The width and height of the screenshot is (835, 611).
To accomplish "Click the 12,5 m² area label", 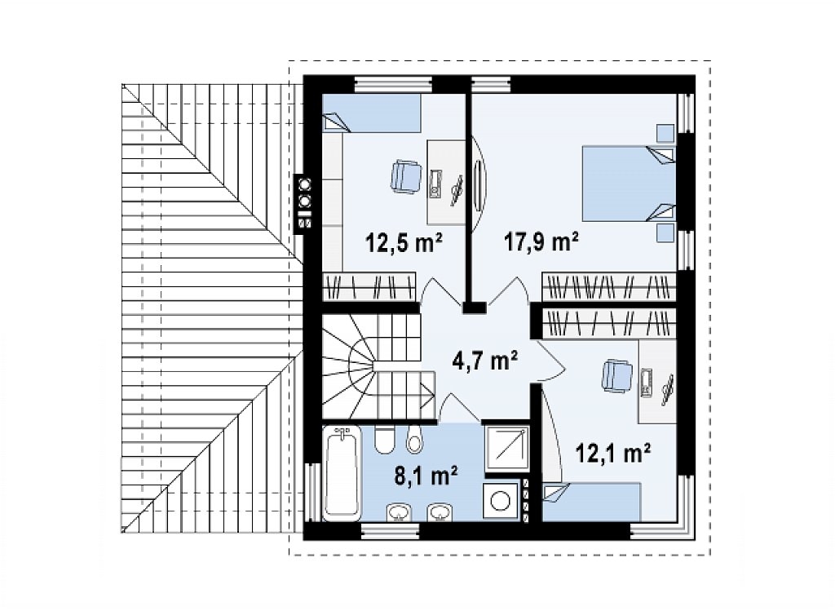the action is pos(404,243).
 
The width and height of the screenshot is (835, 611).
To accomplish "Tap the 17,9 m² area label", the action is pos(541,241).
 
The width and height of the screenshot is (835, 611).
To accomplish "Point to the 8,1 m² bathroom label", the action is pos(426,476).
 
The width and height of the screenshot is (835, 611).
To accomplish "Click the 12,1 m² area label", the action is pos(612,454).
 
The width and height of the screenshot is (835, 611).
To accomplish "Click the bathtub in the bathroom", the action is pos(342,473).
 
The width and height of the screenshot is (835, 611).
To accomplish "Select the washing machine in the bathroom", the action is pos(501,501).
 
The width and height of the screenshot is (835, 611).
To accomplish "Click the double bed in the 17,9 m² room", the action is pos(629,184).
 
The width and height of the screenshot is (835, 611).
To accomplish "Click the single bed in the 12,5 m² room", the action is pos(372,113).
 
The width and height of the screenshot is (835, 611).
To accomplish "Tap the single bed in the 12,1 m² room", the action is pos(592,502).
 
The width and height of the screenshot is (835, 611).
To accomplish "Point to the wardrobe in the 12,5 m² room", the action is pos(369,286).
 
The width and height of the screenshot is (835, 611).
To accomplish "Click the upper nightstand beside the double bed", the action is pos(665,134).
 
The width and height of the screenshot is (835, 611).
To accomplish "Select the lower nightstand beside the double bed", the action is pos(665,232).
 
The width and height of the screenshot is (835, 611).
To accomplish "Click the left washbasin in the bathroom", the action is pos(399,512).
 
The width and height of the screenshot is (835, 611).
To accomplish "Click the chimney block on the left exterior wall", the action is pos(304,204).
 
